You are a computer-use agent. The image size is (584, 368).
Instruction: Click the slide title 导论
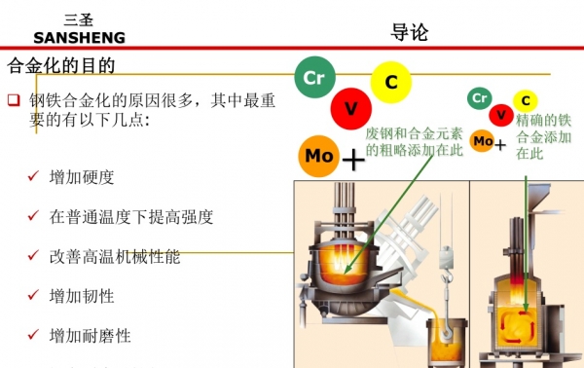409,31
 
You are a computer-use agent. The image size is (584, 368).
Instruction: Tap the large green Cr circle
314,77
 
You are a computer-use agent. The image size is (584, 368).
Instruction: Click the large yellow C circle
391,83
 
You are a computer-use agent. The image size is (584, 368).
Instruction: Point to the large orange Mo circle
319,156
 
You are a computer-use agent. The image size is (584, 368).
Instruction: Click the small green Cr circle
478,97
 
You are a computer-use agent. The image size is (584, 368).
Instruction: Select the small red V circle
501,116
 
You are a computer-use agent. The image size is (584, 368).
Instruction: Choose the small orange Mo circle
482,141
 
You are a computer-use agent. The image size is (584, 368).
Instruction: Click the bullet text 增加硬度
82,178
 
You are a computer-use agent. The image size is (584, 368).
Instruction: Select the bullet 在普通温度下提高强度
130,217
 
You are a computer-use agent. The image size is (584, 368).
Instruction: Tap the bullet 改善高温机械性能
114,257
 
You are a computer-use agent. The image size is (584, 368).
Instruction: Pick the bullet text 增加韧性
82,296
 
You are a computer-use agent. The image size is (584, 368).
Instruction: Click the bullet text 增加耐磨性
90,336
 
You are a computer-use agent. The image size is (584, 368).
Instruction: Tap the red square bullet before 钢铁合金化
14,100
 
